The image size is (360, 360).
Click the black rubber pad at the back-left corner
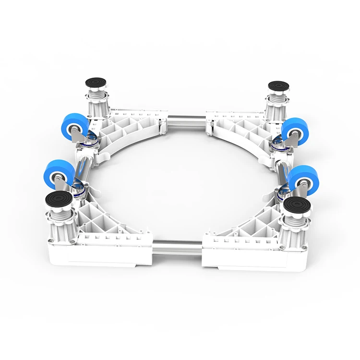97,82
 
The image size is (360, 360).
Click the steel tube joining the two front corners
179,244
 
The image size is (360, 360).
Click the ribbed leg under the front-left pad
60,226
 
